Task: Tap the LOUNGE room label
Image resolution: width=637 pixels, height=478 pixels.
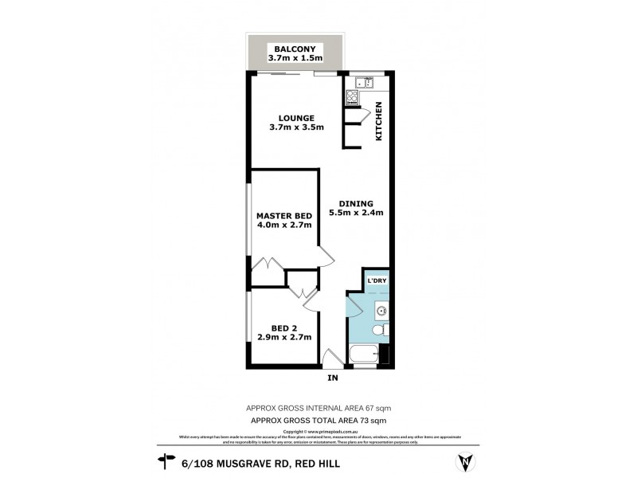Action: click(286, 119)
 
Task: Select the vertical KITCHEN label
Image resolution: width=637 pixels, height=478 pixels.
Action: click(380, 122)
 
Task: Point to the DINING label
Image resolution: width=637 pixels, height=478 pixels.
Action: click(356, 202)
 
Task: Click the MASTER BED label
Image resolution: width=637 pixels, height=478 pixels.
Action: click(283, 216)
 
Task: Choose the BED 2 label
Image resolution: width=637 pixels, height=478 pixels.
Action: click(283, 327)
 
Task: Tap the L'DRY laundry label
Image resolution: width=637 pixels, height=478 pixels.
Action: click(376, 281)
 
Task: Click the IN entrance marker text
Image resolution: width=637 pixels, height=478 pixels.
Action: click(333, 377)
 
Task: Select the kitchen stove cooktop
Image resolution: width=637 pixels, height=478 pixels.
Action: click(352, 99)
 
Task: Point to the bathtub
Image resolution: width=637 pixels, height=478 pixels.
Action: click(365, 355)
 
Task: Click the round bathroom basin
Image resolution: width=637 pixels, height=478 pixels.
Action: click(381, 311)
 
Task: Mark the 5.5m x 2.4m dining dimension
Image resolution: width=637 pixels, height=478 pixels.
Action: click(356, 213)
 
